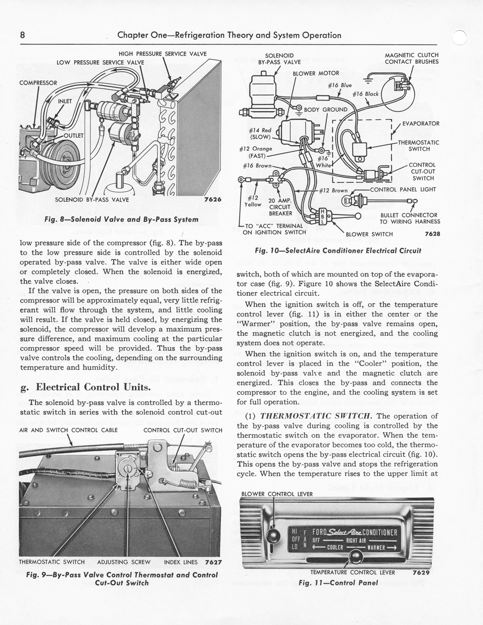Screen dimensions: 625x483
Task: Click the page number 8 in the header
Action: (23, 35)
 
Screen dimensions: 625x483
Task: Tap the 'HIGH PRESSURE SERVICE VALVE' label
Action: (162, 54)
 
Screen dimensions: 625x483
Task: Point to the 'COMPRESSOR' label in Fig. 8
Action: (38, 82)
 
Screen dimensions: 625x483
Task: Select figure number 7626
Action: (213, 199)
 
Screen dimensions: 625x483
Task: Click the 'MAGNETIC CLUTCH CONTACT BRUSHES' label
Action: (411, 59)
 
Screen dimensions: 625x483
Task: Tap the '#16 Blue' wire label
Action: (340, 85)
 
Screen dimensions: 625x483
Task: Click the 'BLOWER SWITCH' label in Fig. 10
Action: (369, 234)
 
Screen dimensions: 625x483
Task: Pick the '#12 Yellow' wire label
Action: (253, 201)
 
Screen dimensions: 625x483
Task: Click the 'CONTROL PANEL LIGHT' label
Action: (403, 190)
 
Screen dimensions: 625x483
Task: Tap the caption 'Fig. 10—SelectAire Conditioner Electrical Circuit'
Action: (338, 250)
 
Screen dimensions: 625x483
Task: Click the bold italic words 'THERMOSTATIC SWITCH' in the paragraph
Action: (316, 416)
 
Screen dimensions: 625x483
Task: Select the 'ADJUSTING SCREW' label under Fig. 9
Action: (124, 562)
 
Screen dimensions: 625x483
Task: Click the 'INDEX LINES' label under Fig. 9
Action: (181, 562)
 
